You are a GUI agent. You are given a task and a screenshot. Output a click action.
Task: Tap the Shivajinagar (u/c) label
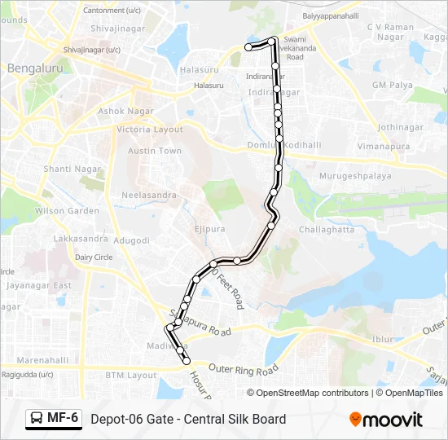point(92,50)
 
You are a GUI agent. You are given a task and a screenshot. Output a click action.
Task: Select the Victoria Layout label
point(150,130)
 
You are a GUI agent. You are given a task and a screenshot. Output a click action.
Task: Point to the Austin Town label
point(155,151)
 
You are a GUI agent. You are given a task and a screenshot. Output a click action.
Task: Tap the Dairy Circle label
point(94,257)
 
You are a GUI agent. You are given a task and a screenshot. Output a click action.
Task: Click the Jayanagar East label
point(39,286)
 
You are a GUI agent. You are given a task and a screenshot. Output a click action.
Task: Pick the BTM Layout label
point(130,376)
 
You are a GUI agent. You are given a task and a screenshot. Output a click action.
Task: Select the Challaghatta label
point(327,230)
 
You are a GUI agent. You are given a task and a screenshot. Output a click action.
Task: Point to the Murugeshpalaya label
point(354,175)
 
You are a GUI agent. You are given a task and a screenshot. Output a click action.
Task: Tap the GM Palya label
point(391,85)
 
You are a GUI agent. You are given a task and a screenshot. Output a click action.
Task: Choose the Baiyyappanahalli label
point(330,15)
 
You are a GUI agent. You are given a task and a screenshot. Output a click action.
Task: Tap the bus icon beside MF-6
point(37,419)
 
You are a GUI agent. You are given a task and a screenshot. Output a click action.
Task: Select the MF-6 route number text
point(63,419)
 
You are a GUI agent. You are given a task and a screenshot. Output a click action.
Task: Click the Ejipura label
point(209,230)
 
